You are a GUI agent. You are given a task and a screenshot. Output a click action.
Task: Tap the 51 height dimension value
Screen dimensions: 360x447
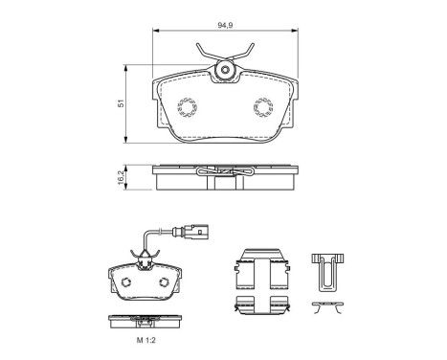pyautogui.click(x=121, y=103)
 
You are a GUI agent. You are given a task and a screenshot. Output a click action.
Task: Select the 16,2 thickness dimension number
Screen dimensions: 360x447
pyautogui.click(x=121, y=177)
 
